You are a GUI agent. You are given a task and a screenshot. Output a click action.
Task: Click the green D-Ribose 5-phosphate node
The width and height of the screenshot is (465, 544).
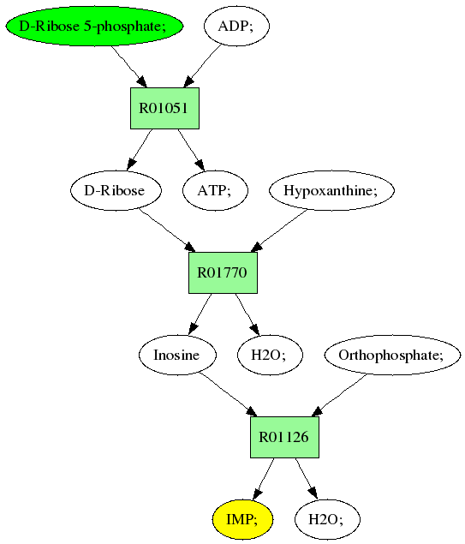click(x=94, y=26)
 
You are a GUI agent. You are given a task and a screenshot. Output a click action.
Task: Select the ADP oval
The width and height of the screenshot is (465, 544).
click(x=236, y=26)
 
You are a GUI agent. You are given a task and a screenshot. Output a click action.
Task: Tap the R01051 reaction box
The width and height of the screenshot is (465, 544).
click(x=164, y=108)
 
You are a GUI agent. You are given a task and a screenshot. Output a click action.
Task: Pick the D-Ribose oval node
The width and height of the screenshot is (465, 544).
click(x=116, y=190)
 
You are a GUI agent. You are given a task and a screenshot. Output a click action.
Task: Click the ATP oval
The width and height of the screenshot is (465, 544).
click(x=215, y=190)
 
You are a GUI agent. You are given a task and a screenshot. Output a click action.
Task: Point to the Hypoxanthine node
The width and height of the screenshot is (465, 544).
click(x=332, y=190)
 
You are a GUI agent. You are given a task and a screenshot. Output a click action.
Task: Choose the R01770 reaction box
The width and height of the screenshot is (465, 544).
click(x=223, y=272)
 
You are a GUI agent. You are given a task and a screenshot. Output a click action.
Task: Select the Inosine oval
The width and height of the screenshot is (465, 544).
click(x=177, y=355)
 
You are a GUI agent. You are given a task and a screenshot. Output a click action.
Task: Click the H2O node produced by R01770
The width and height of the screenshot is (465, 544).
click(x=270, y=355)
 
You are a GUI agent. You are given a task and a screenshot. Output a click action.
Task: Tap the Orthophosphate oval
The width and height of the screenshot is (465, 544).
click(x=392, y=355)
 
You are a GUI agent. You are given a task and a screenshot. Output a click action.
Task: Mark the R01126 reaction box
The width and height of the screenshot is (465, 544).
click(x=284, y=437)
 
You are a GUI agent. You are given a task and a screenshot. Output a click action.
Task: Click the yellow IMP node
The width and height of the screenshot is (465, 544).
click(x=242, y=519)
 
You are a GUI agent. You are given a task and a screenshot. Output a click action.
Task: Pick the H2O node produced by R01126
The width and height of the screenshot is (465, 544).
click(x=327, y=519)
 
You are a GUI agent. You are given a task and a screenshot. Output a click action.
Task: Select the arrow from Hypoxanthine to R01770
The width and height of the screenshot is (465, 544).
click(x=279, y=230)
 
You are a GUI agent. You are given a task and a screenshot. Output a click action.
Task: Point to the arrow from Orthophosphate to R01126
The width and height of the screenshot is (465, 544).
click(x=339, y=395)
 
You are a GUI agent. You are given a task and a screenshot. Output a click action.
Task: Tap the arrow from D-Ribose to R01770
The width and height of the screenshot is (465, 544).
click(x=167, y=230)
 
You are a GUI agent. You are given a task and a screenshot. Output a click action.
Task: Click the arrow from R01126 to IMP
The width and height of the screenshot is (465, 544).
click(x=264, y=479)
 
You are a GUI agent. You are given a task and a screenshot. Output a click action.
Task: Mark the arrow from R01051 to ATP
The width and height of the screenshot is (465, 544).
click(x=191, y=150)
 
